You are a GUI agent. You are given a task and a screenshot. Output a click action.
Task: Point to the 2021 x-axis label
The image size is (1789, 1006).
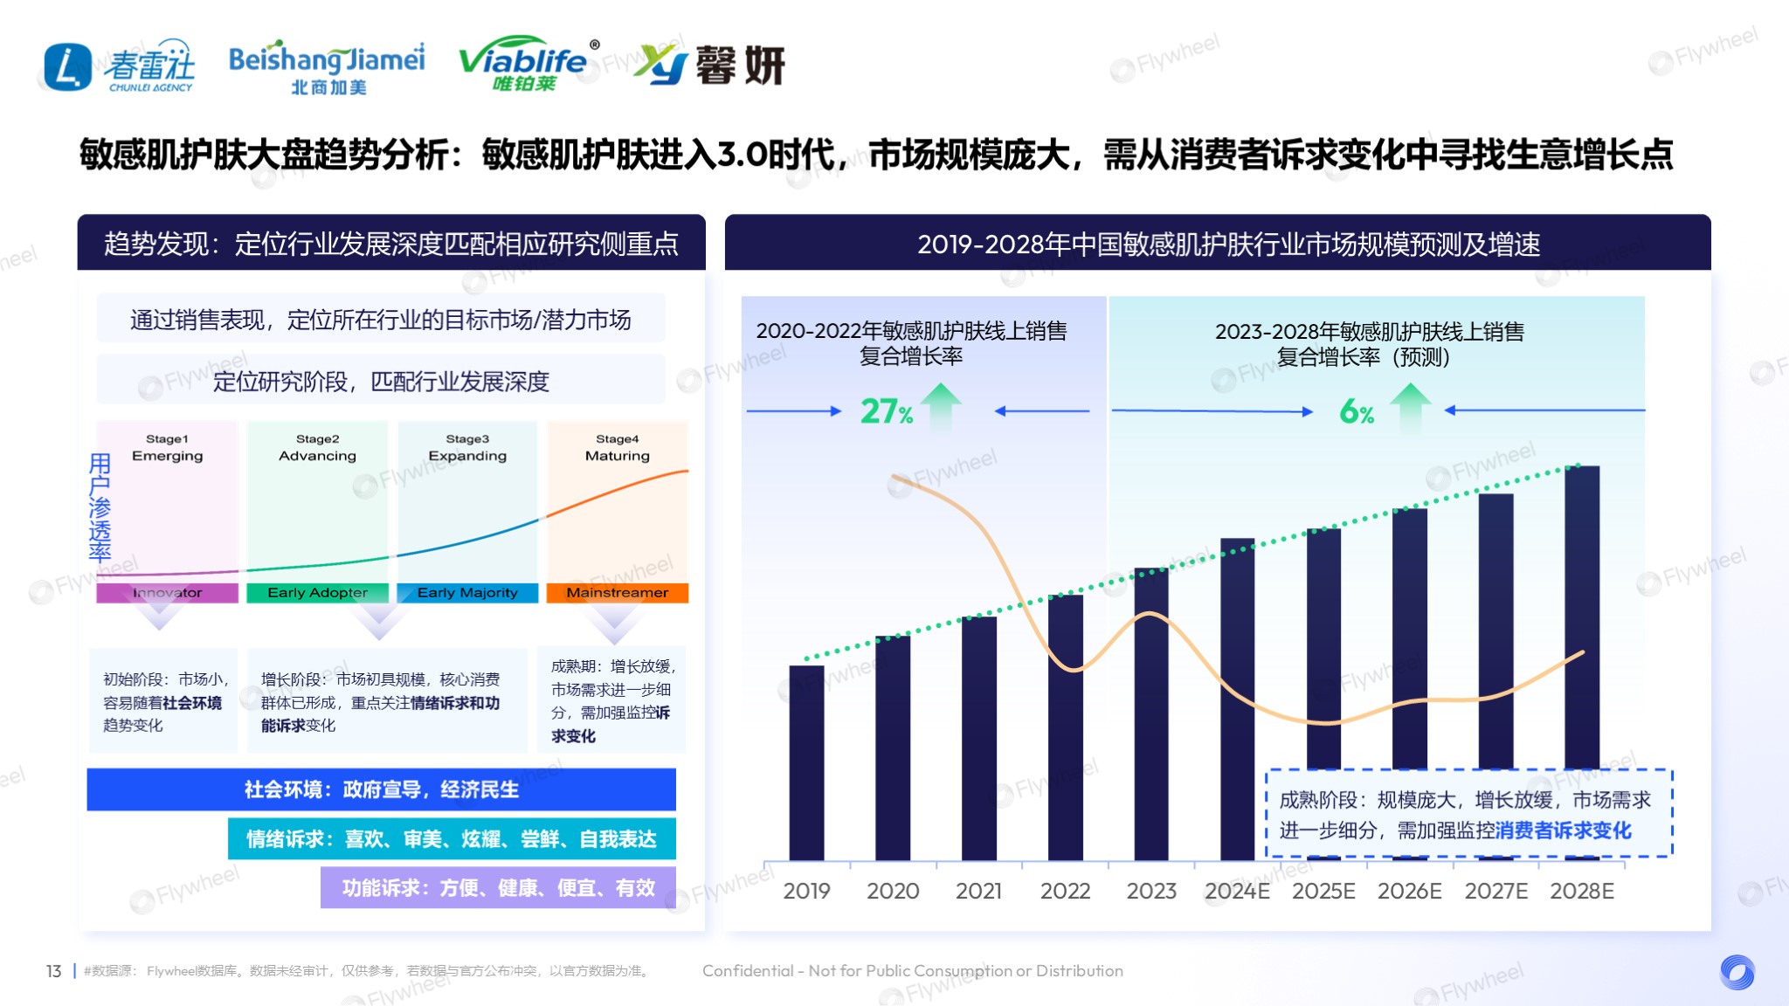[978, 891]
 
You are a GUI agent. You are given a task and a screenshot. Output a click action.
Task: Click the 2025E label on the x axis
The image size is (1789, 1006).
[1323, 891]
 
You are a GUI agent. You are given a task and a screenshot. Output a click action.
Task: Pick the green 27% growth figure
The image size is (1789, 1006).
[886, 410]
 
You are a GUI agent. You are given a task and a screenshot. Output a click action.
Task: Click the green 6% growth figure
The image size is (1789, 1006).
[1357, 410]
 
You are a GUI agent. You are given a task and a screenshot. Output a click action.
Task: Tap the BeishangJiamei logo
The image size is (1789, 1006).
[327, 66]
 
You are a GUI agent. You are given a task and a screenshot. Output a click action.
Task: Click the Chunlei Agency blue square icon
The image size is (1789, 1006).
[67, 67]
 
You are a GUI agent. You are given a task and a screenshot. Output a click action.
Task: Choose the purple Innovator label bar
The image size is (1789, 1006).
[167, 593]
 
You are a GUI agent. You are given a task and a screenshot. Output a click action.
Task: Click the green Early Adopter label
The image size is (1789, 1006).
[317, 593]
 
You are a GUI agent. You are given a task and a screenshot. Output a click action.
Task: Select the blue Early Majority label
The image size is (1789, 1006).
[467, 593]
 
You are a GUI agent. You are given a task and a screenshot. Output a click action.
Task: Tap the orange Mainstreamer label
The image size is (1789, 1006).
[617, 593]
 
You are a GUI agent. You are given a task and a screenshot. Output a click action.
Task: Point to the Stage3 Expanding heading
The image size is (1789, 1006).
[467, 447]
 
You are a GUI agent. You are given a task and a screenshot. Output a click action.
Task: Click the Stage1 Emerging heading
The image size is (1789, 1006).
[167, 447]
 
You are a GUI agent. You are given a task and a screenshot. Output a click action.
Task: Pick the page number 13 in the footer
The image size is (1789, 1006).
[53, 971]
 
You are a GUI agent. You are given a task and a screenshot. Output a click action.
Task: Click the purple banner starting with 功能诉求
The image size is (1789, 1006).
[498, 887]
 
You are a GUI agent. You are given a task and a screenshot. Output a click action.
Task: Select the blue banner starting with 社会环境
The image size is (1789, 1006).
[381, 789]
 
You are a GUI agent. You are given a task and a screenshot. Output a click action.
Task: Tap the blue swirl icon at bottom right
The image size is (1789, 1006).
[1737, 972]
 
